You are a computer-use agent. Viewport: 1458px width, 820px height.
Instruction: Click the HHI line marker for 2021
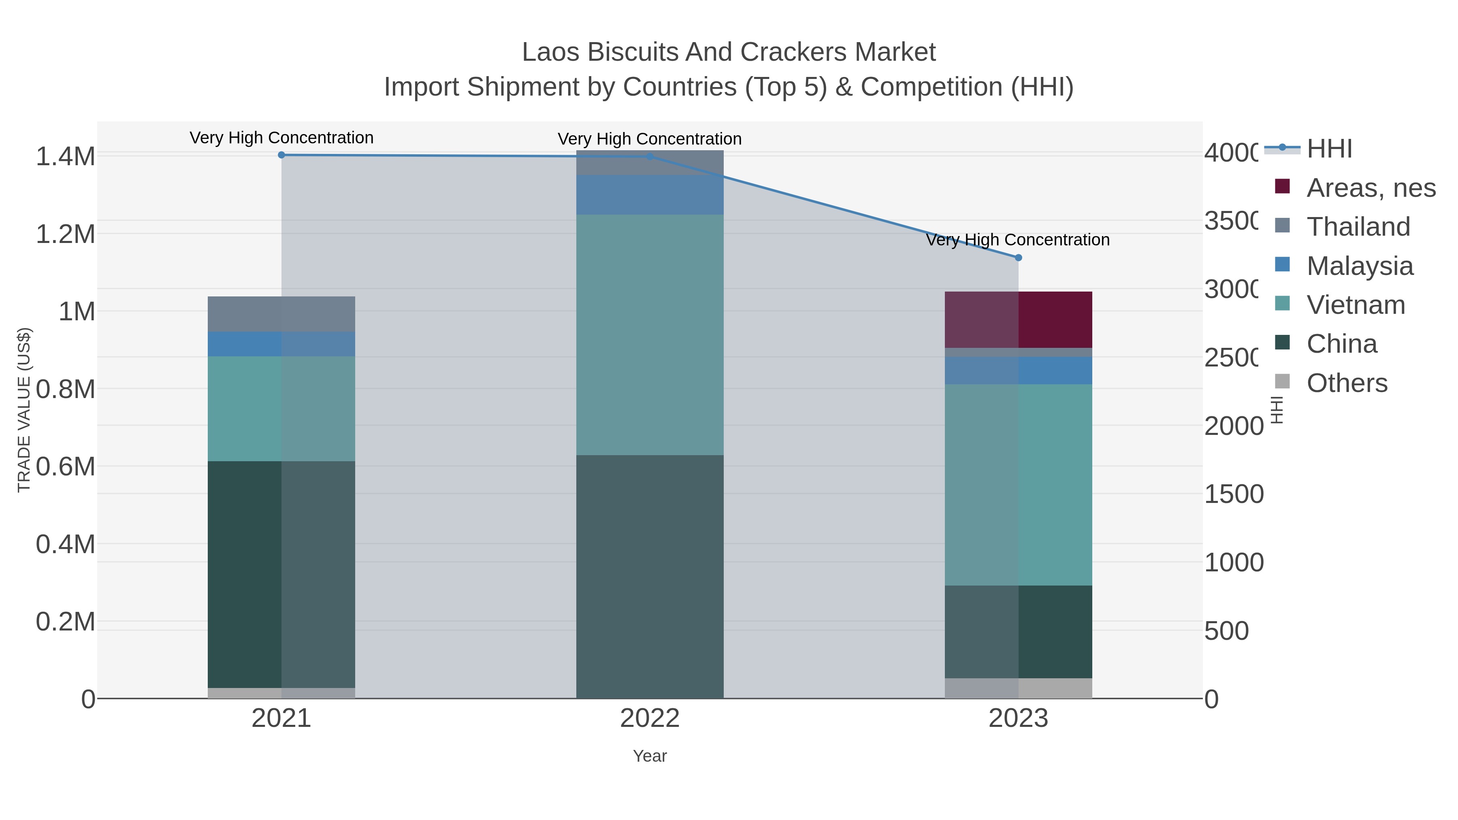pos(281,155)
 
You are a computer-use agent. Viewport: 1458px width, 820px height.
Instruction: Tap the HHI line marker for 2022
pos(650,157)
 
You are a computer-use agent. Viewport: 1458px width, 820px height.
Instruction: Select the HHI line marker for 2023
pos(1018,258)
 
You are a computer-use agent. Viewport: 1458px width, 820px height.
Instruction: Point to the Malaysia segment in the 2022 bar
pos(650,195)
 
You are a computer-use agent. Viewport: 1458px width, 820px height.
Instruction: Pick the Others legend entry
pos(1347,383)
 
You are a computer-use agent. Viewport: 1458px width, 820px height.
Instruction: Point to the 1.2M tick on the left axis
pos(66,234)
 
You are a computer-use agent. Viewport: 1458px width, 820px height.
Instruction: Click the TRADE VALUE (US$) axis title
pos(24,410)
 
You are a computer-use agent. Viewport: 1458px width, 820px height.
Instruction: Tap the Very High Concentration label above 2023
pos(1018,240)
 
